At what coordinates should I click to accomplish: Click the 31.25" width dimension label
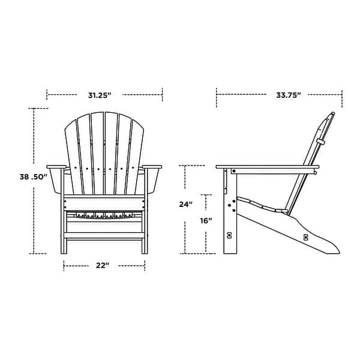100,95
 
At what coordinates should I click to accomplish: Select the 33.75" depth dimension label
288,95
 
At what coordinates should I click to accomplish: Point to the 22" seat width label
102,265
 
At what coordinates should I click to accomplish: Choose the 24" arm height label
186,204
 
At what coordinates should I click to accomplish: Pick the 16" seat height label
206,221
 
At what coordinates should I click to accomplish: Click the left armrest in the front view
55,166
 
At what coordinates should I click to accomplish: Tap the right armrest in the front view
152,166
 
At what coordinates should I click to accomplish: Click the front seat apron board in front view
104,204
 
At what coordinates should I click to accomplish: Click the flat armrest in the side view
266,169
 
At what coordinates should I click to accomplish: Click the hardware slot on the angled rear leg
305,237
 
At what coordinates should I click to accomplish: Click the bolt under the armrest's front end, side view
232,173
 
